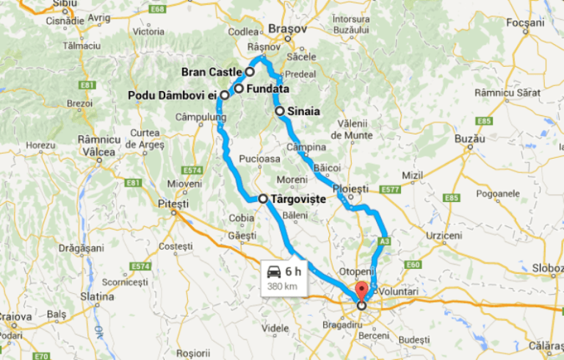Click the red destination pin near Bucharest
coord(360,290)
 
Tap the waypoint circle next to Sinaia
coord(280,111)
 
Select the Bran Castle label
coord(211,72)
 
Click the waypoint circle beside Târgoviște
coord(263,198)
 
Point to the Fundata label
coord(268,90)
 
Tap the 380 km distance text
coord(282,286)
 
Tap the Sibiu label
coord(65,4)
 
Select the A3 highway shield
coord(384,240)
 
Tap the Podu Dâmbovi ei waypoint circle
coord(224,96)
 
